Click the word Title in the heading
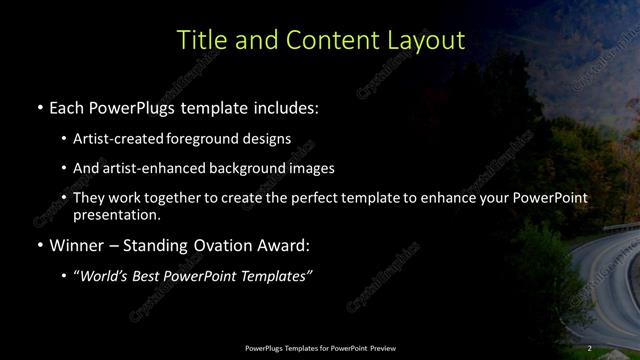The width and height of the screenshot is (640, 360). pyautogui.click(x=199, y=40)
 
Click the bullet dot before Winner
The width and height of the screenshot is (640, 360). pyautogui.click(x=39, y=245)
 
